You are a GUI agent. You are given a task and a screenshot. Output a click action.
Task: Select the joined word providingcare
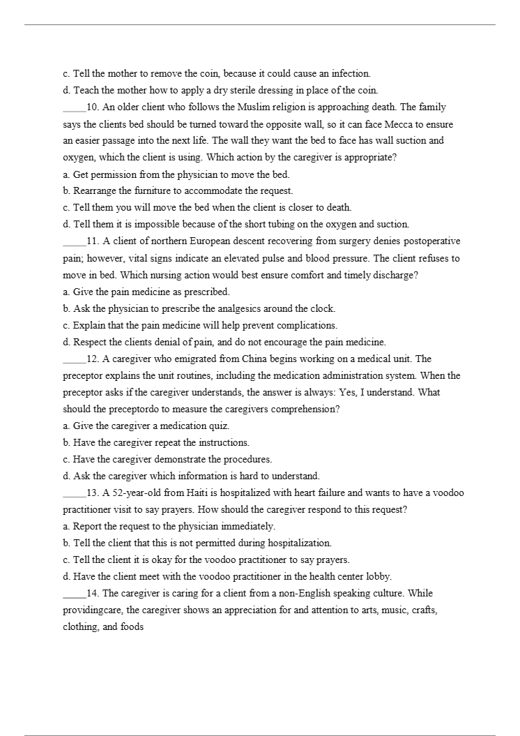coord(94,610)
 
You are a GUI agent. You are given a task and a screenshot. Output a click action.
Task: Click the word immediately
coord(247,526)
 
